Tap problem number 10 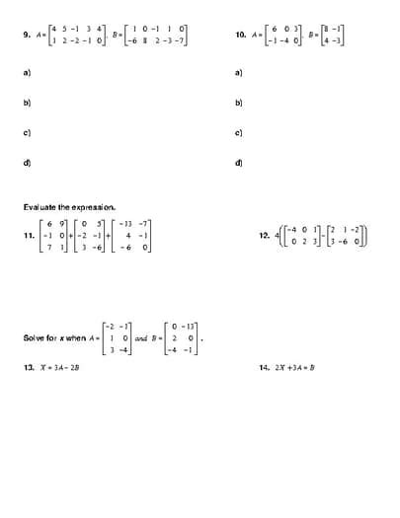[239, 37]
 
